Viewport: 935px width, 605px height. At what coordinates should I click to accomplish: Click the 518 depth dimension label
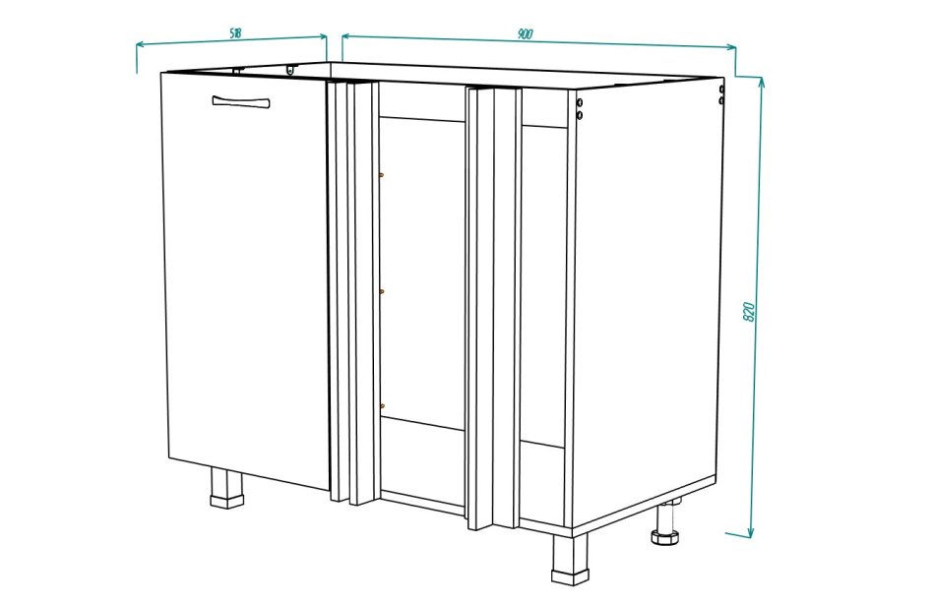coord(235,33)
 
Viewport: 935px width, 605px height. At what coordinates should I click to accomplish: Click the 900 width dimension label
coord(525,34)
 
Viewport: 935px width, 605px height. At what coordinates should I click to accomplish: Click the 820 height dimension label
coord(750,312)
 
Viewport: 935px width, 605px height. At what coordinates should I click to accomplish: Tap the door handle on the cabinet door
coord(241,102)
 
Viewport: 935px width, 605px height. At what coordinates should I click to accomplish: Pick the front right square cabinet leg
coord(570,559)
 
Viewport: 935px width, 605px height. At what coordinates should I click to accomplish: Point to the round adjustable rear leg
coord(664,524)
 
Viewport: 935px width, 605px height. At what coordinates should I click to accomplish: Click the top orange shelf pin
coord(382,175)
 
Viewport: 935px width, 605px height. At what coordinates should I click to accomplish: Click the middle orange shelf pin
coord(382,291)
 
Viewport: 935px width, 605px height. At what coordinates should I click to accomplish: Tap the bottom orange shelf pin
coord(382,406)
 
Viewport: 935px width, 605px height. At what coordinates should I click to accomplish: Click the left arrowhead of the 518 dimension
coord(141,45)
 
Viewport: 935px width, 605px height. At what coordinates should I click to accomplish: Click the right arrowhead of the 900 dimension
coord(730,47)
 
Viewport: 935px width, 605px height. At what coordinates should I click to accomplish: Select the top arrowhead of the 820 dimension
coord(761,83)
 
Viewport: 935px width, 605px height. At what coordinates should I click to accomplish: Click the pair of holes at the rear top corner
coord(721,94)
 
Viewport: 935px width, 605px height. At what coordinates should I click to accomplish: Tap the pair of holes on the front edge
coord(580,108)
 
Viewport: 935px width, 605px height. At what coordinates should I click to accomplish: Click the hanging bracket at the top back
coord(290,70)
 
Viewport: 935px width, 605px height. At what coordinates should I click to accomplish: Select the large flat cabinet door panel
coord(246,279)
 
